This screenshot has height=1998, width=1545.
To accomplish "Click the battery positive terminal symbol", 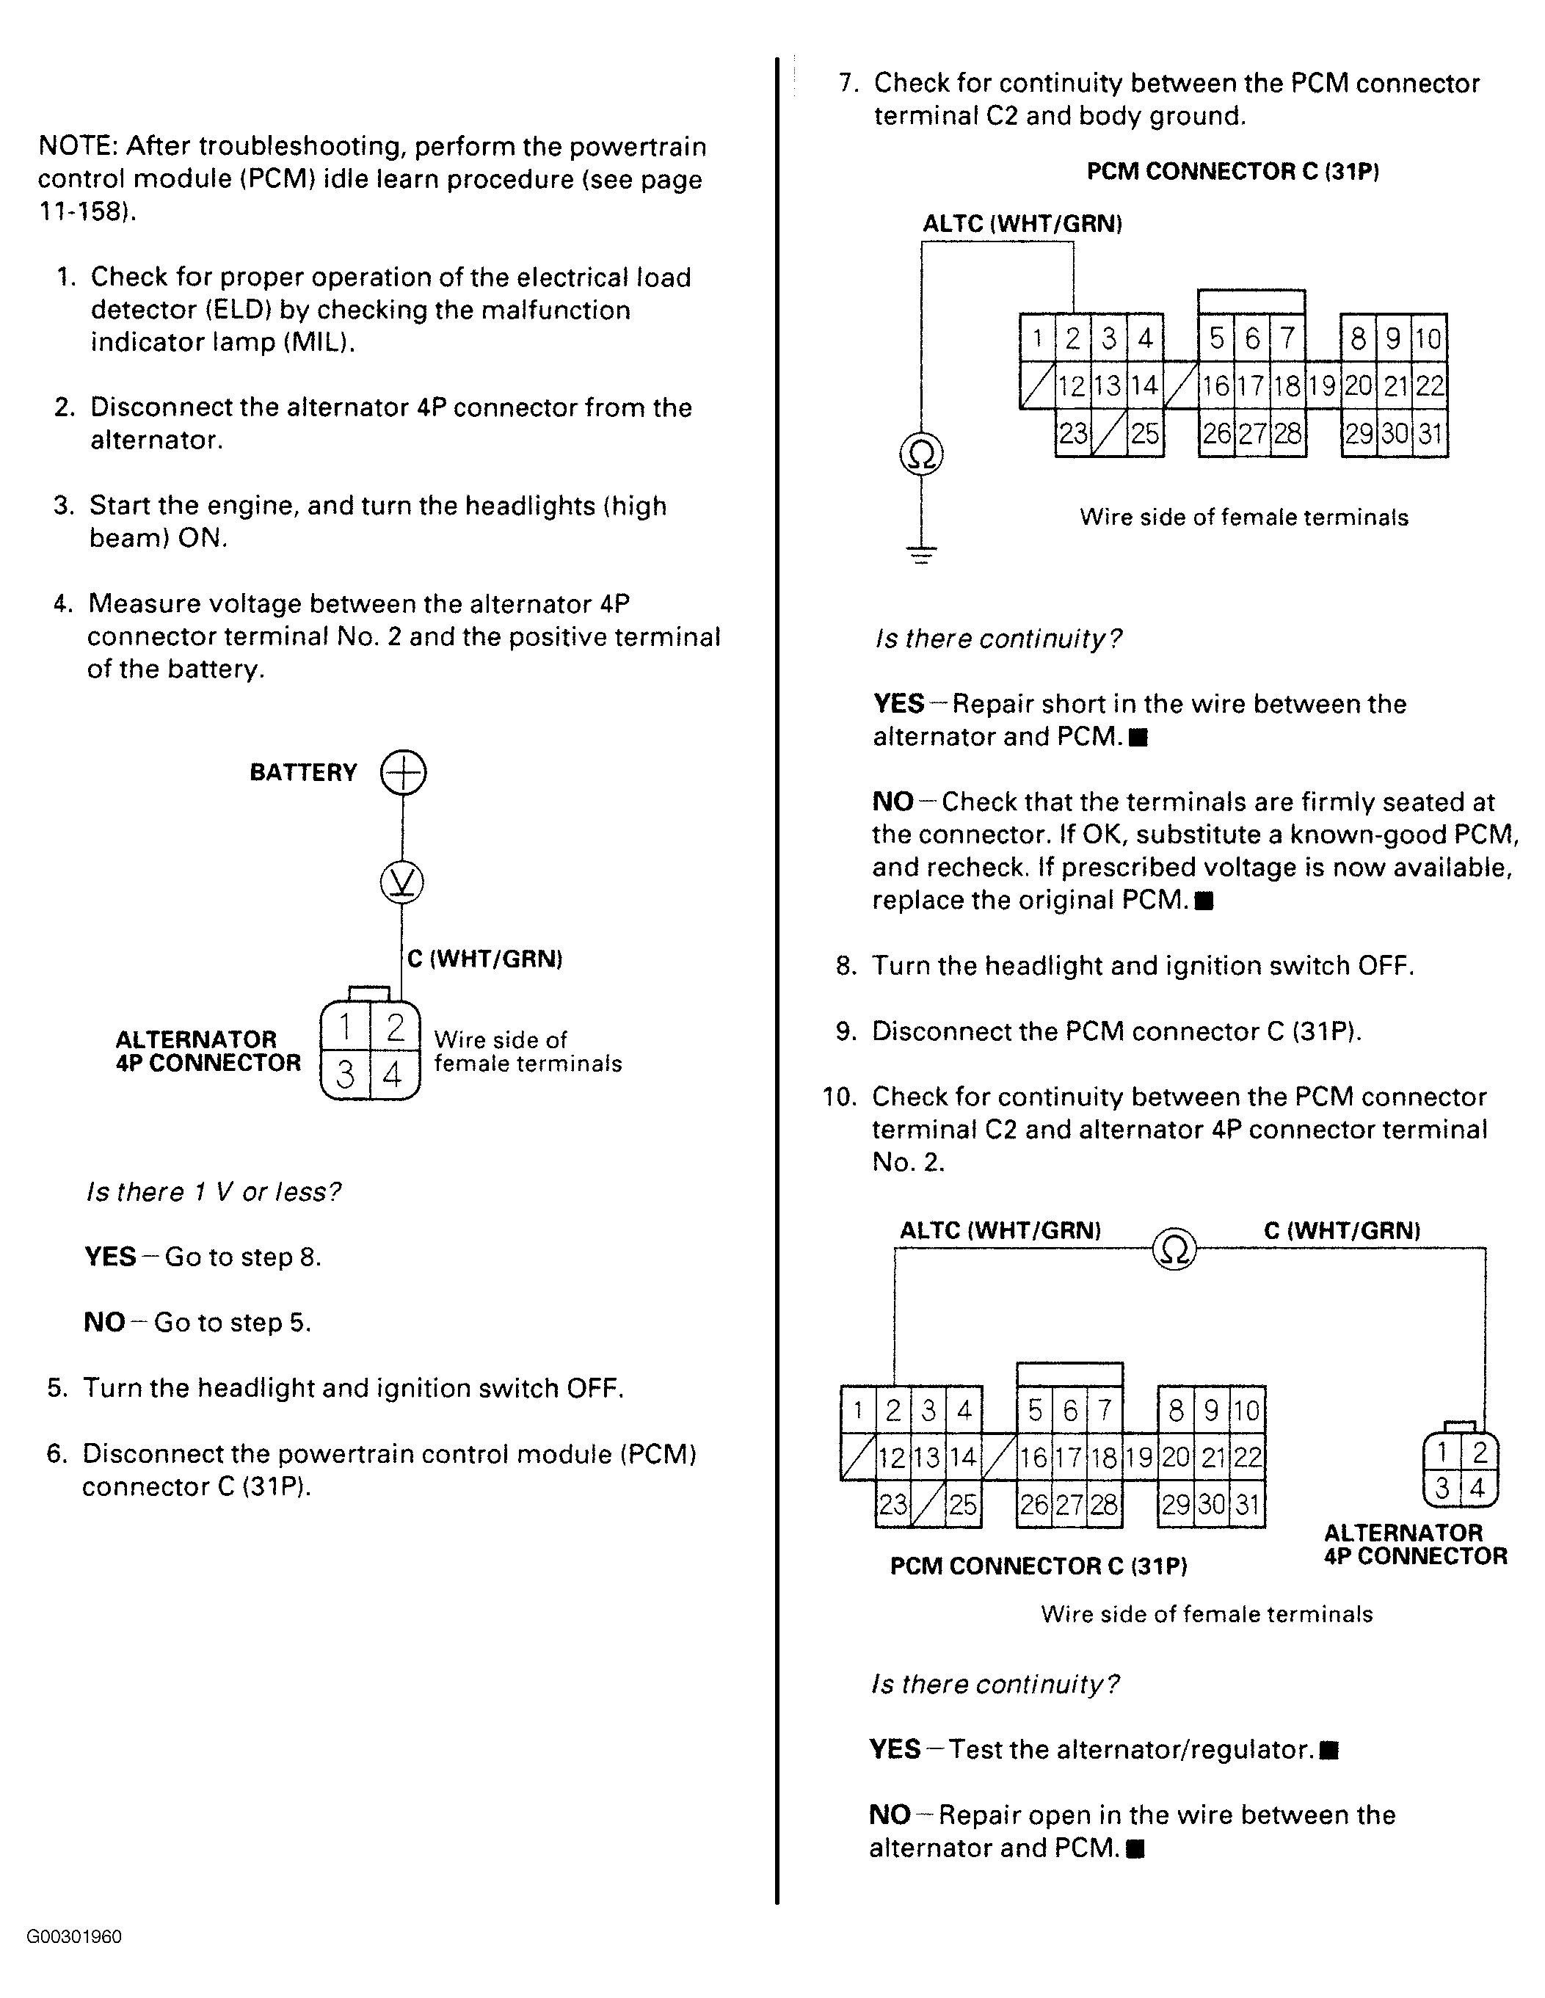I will (x=404, y=772).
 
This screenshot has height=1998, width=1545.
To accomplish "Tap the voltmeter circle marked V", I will (x=401, y=883).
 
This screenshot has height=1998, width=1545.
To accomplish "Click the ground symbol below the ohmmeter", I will (x=921, y=553).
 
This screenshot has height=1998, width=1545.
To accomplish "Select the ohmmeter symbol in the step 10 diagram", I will (x=1174, y=1249).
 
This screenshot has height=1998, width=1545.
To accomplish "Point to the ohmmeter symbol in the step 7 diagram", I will (x=921, y=454).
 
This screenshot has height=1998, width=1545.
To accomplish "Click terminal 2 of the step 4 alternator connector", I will (x=395, y=1028).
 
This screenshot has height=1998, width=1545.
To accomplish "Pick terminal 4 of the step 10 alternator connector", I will (x=1477, y=1488).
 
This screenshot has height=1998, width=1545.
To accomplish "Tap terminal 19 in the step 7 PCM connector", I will (x=1322, y=386).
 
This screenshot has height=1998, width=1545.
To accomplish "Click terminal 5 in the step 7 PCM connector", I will (x=1215, y=338).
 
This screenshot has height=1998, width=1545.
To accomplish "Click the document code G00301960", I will (x=74, y=1936).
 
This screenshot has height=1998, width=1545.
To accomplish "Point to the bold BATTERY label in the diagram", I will (x=303, y=773).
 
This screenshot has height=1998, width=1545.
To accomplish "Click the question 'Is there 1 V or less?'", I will (x=213, y=1192).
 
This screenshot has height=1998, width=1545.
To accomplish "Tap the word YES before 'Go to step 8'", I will (x=110, y=1257).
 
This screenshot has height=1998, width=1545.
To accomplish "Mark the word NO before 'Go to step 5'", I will (x=103, y=1322).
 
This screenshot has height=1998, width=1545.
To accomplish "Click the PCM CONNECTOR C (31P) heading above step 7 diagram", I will (x=1232, y=172).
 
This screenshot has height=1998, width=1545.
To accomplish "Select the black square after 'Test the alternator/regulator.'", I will (x=1331, y=1750).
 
